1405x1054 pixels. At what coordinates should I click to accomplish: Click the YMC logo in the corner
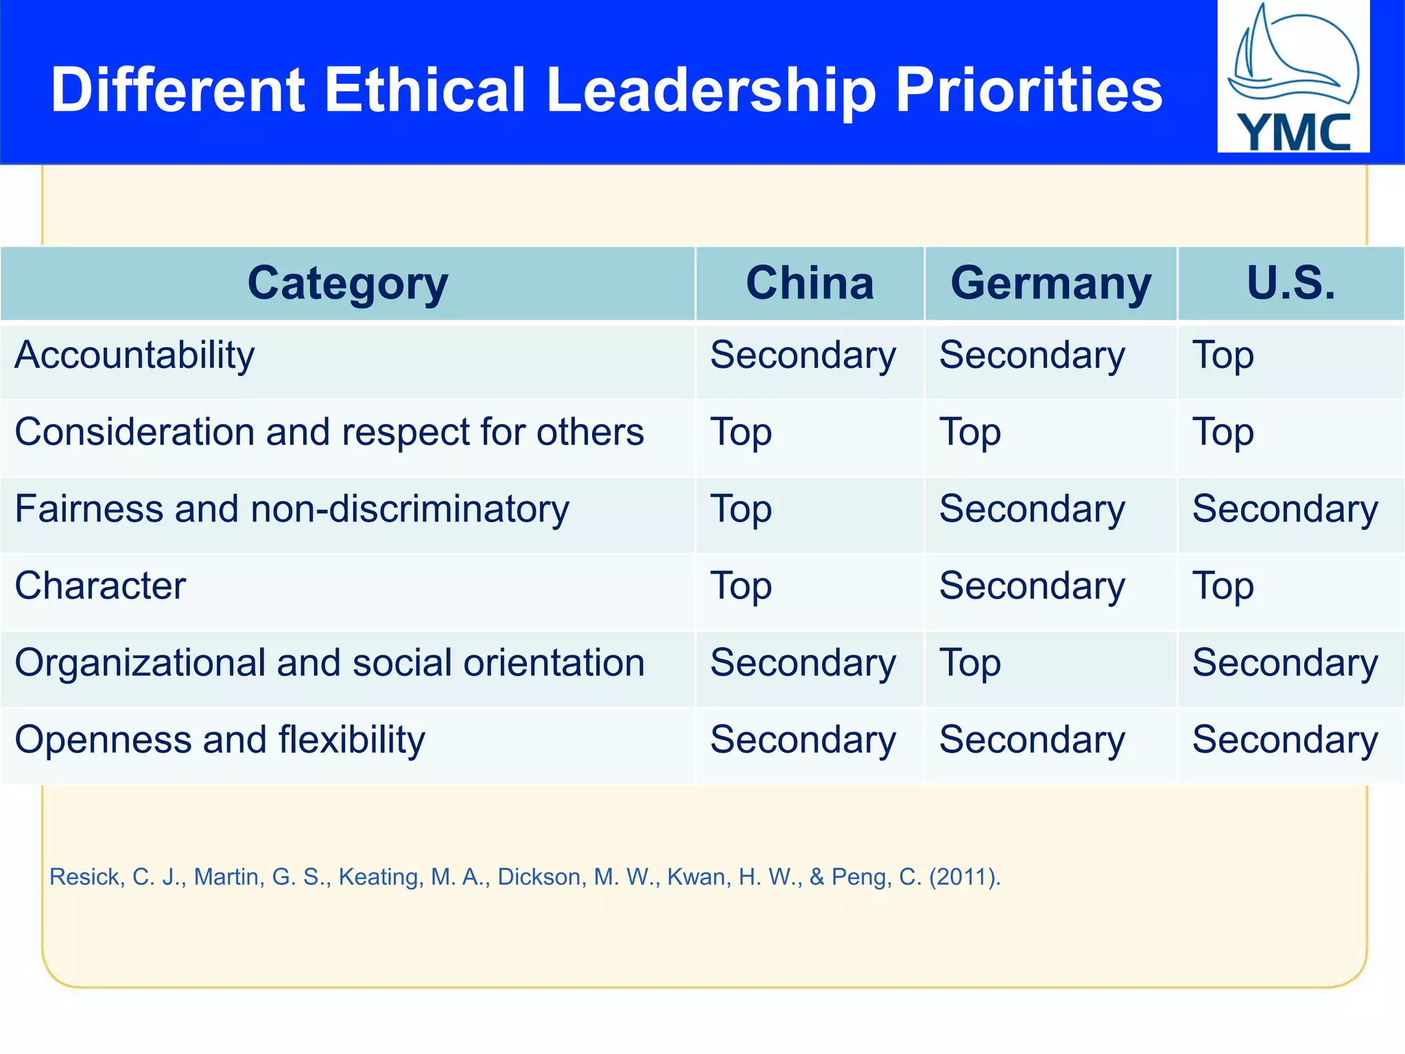tap(1293, 77)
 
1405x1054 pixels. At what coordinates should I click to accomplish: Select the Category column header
tap(348, 283)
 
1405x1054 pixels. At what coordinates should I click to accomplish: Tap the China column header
tap(810, 283)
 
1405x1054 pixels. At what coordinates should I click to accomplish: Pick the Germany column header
tap(1051, 283)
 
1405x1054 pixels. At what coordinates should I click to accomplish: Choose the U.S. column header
tap(1291, 283)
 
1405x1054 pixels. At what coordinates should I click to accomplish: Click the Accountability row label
tap(135, 355)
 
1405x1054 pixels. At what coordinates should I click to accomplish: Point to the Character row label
tap(101, 586)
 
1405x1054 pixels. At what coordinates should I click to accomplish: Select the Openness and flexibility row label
tap(220, 740)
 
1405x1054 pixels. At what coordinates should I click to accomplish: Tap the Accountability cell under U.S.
tap(1223, 356)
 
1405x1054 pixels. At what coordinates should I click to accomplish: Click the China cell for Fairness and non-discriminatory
tap(741, 510)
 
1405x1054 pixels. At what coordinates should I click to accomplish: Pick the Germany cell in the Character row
tap(1032, 586)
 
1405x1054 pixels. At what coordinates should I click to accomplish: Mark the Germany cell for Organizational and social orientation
tap(970, 664)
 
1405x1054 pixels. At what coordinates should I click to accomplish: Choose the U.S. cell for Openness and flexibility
tap(1285, 740)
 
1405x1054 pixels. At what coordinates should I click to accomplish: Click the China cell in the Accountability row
tap(803, 355)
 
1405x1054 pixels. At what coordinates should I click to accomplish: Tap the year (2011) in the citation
tap(964, 877)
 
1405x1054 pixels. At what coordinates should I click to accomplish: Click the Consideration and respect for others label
tap(329, 432)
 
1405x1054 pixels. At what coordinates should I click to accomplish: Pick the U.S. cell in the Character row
tap(1223, 587)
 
